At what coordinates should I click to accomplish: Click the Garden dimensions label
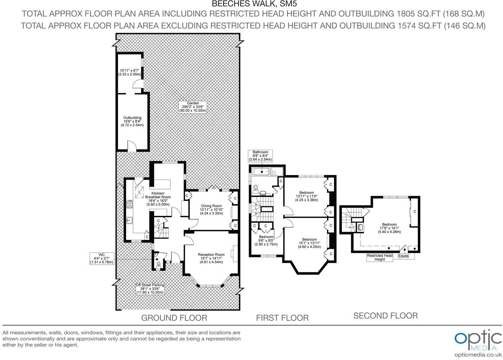[193, 107]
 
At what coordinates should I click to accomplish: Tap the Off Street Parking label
[150, 289]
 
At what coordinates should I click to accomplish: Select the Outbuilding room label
[132, 121]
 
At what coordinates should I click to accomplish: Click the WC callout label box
[102, 258]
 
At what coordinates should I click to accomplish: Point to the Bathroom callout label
[260, 156]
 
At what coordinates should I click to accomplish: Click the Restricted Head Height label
[380, 258]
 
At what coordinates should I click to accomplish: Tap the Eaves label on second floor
[403, 256]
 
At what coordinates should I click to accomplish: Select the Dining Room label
[211, 210]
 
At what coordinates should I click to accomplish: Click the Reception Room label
[211, 258]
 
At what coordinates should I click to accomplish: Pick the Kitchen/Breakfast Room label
[158, 199]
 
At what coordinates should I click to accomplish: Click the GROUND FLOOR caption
[174, 318]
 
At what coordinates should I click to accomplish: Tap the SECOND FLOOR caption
[386, 316]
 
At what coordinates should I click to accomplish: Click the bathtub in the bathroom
[261, 172]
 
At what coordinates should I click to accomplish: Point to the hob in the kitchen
[130, 204]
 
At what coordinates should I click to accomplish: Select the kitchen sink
[130, 220]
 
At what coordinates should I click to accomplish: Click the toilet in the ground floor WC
[158, 264]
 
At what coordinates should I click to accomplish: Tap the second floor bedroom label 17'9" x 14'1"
[390, 228]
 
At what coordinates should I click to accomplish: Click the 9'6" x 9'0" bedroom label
[266, 240]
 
